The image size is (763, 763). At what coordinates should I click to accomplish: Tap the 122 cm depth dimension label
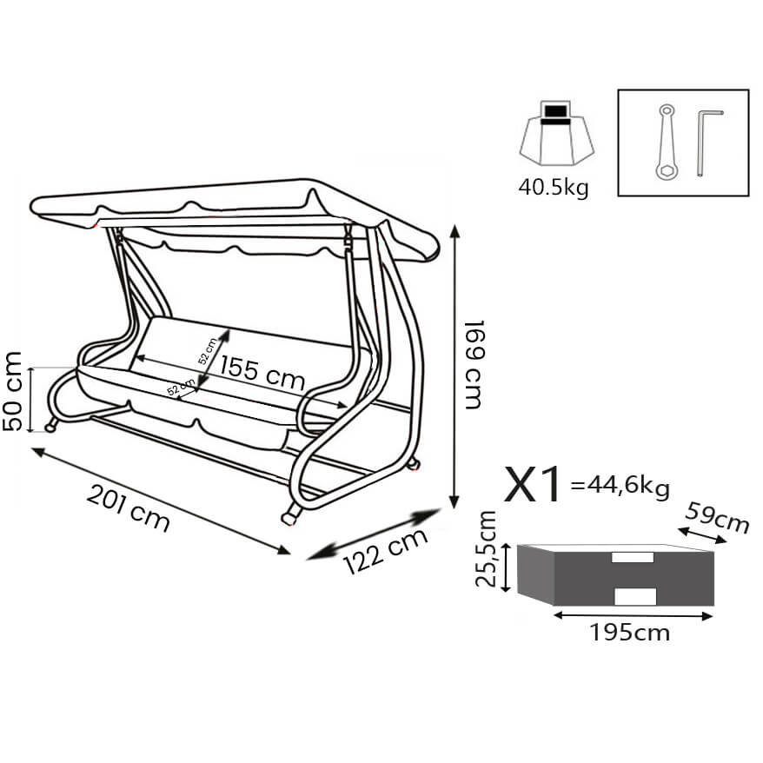point(385,551)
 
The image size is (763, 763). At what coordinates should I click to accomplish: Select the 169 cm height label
point(474,364)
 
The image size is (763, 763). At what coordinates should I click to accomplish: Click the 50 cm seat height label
point(13,391)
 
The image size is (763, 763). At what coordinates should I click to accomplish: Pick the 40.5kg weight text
point(554,188)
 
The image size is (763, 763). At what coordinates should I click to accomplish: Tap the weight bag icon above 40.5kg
point(557,132)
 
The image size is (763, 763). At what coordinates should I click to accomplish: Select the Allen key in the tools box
point(707,143)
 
